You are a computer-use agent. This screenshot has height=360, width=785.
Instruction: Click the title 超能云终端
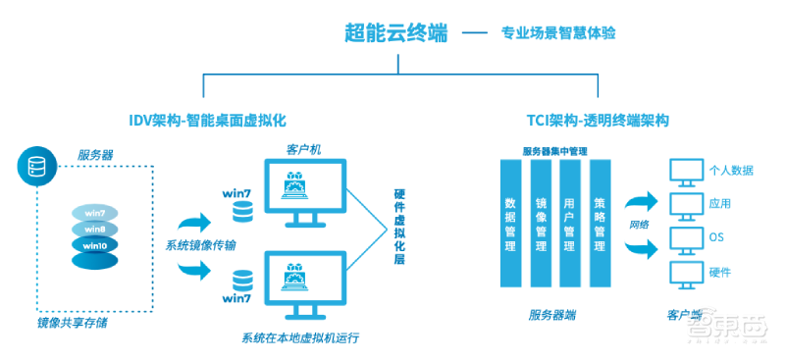395,32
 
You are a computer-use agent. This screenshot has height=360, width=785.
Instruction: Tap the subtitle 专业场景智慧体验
558,33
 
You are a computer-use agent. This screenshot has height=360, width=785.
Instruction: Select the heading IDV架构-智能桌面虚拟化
206,120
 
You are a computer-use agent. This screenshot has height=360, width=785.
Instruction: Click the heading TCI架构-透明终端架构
598,120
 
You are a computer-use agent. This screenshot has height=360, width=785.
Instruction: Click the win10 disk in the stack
95,244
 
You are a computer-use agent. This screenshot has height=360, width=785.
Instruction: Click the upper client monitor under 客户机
313,191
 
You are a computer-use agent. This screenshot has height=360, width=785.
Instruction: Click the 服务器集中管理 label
555,151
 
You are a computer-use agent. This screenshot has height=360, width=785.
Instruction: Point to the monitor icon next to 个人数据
682,173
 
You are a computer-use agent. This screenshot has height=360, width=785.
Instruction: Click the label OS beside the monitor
715,237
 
